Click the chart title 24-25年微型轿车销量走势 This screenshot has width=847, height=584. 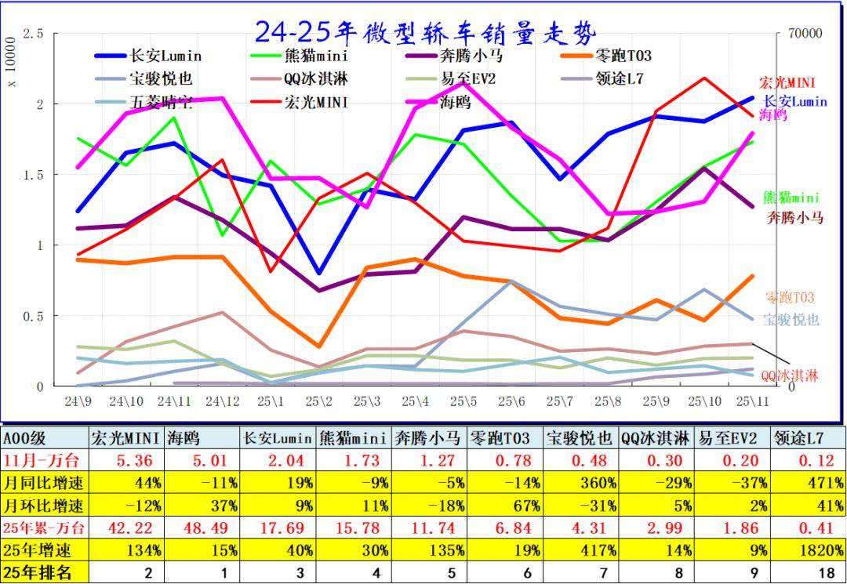pyautogui.click(x=425, y=31)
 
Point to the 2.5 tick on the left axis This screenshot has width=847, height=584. pyautogui.click(x=33, y=34)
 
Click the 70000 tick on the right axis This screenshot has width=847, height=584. pyautogui.click(x=805, y=34)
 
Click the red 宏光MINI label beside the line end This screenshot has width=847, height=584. pyautogui.click(x=787, y=82)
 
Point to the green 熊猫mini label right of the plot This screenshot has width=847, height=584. pyautogui.click(x=791, y=198)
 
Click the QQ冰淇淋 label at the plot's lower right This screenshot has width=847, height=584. pyautogui.click(x=790, y=375)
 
